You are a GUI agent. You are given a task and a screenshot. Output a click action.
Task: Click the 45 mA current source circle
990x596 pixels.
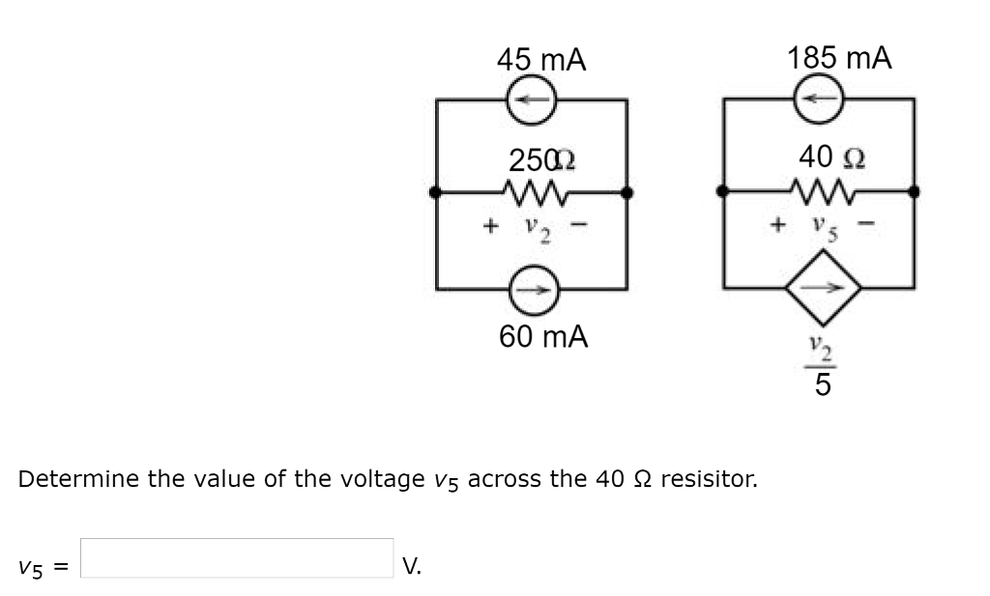(x=531, y=99)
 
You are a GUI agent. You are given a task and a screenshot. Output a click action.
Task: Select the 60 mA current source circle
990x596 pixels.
(x=531, y=288)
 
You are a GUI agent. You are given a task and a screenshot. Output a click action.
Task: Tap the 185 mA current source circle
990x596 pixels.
(x=820, y=99)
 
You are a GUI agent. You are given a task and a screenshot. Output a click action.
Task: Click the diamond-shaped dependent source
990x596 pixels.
(x=820, y=287)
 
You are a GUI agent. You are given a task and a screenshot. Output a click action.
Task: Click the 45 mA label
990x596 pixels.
(x=541, y=60)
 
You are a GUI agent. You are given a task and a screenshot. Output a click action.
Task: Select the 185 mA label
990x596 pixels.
(x=839, y=58)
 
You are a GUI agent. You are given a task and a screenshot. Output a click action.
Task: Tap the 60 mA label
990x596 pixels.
(x=543, y=337)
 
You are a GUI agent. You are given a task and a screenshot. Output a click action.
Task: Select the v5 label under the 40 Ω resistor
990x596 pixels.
(x=821, y=229)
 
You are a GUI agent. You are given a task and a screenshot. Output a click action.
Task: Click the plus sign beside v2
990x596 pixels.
(x=490, y=227)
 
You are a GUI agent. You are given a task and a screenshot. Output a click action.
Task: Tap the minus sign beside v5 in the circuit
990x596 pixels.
(x=867, y=228)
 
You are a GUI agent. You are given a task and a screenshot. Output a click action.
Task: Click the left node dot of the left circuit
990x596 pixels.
(x=437, y=193)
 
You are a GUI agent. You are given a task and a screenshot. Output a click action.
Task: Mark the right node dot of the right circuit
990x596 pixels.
(x=914, y=192)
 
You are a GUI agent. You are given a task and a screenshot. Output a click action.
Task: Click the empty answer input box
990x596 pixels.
(x=237, y=558)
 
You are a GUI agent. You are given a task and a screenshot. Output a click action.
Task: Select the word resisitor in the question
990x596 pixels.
(x=713, y=479)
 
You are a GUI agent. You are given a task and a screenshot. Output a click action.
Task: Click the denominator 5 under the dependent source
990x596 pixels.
(x=821, y=386)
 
